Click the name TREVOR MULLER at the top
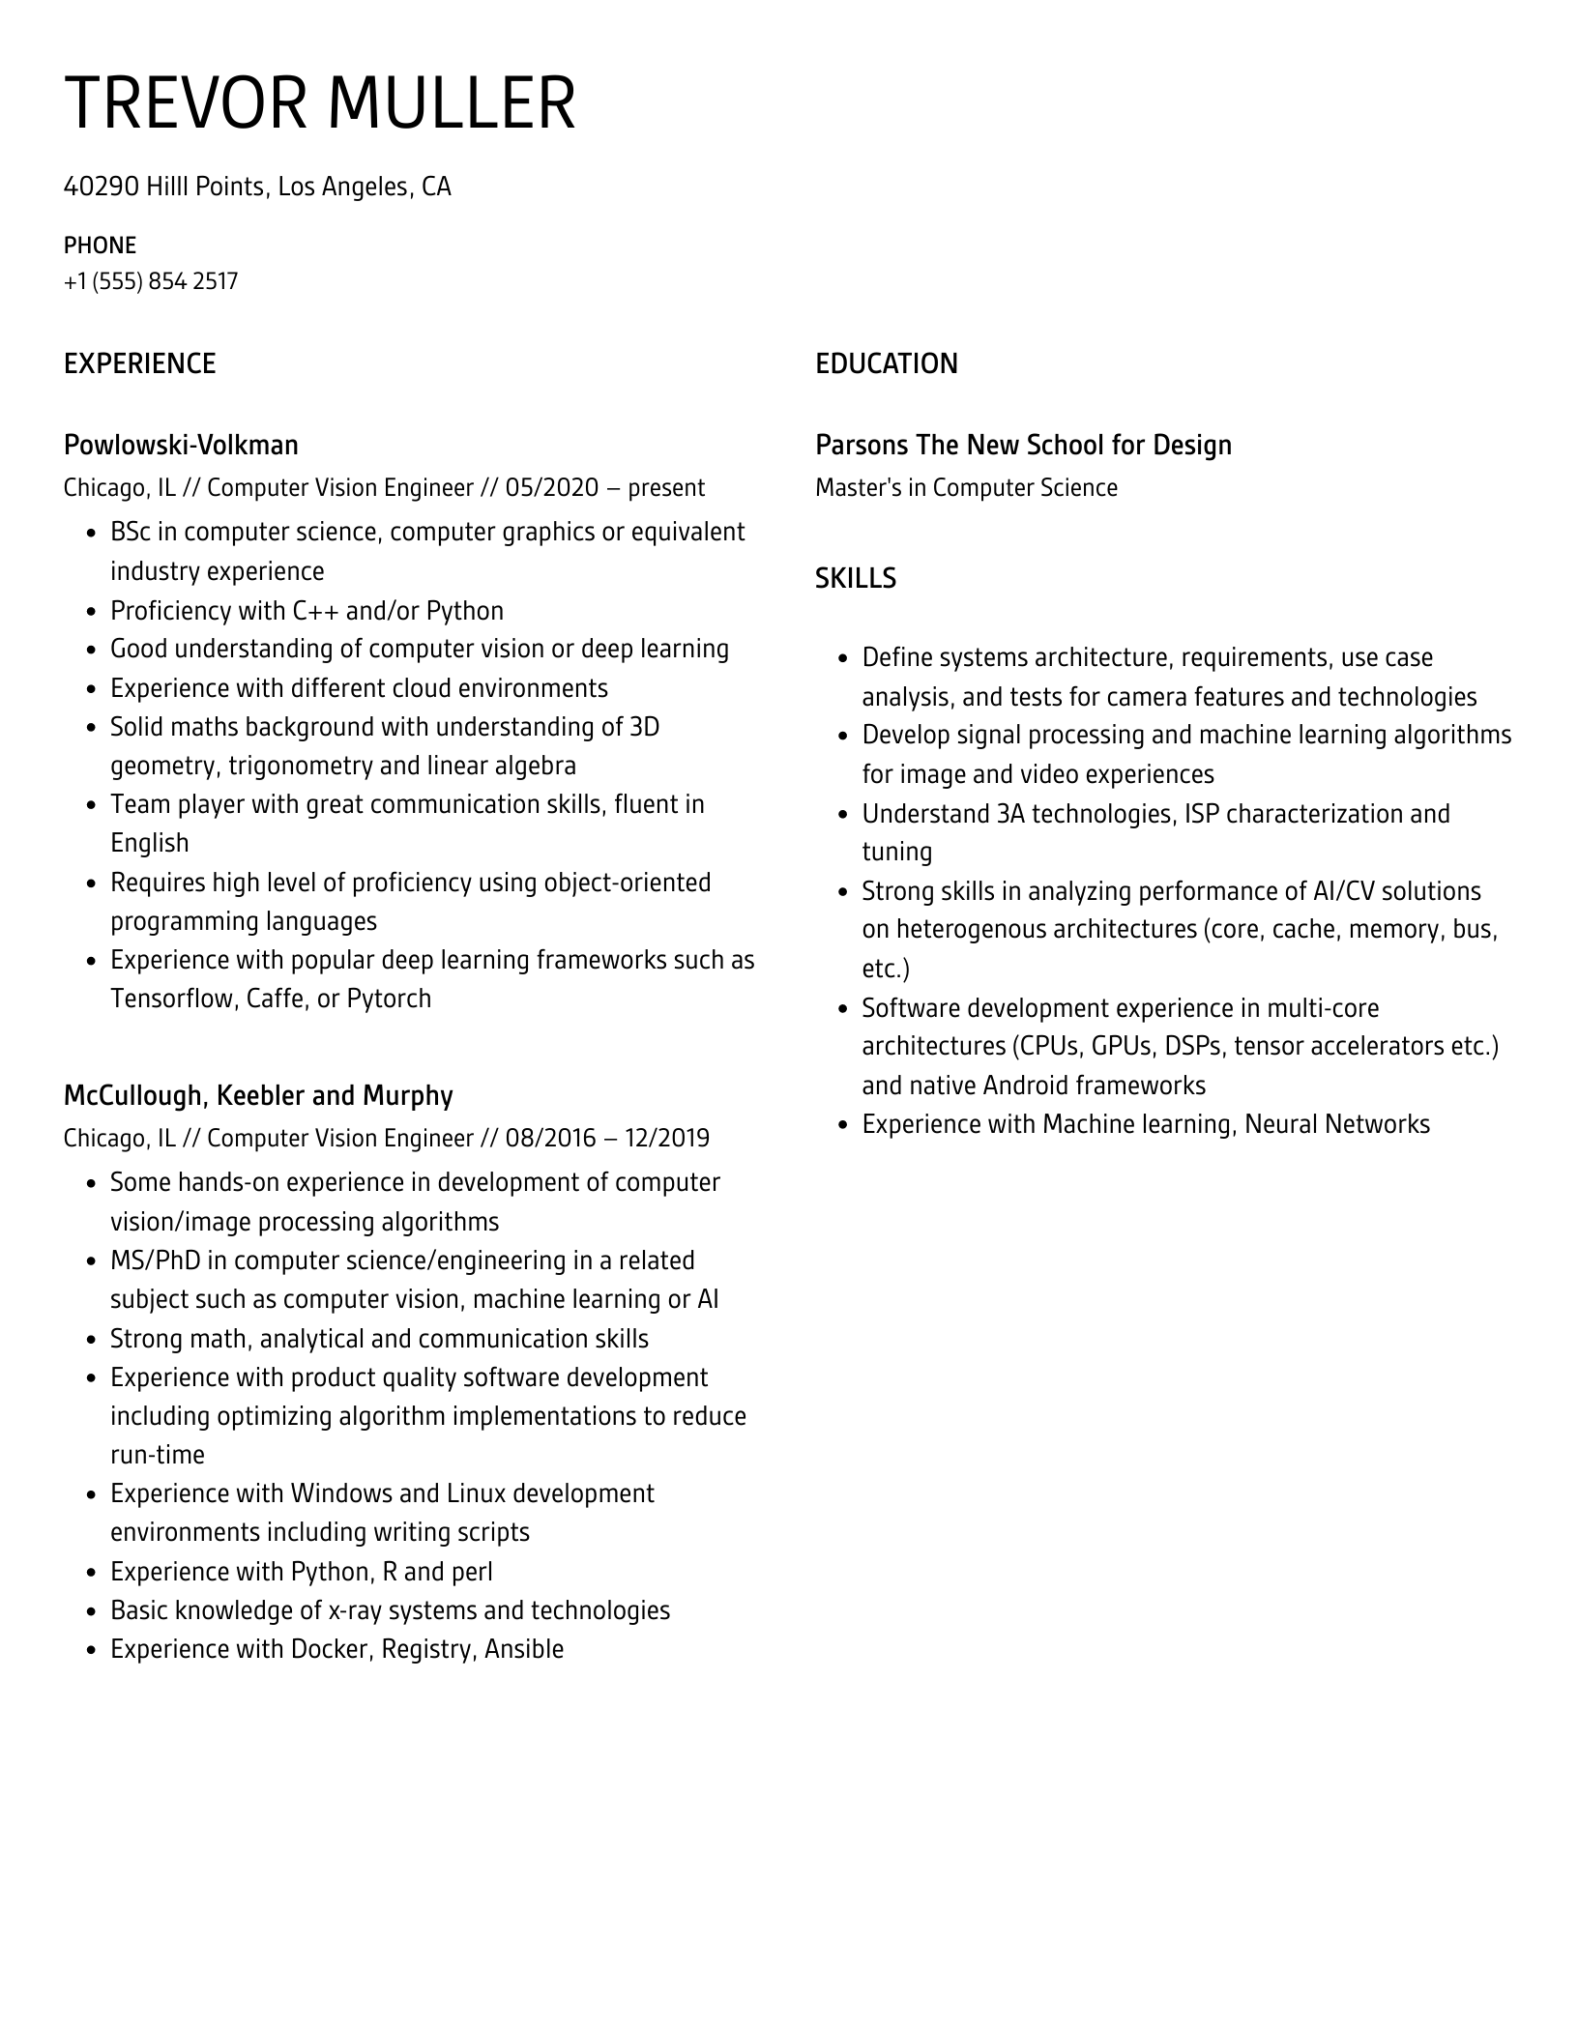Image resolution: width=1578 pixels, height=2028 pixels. pyautogui.click(x=319, y=102)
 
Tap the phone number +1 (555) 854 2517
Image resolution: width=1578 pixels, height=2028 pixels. pyautogui.click(x=151, y=281)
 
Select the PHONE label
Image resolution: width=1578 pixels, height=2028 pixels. pyautogui.click(x=100, y=246)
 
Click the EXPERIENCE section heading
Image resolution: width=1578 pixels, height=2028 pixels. pyautogui.click(x=139, y=364)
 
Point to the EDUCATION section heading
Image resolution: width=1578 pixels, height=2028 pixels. pyautogui.click(x=886, y=364)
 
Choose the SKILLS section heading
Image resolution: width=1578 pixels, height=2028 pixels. pyautogui.click(x=855, y=579)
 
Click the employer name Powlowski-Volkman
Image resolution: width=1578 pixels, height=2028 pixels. pyautogui.click(x=181, y=446)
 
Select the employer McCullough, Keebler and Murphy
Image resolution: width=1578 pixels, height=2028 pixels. pyautogui.click(x=258, y=1096)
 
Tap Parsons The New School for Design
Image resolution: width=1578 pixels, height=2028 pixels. pyautogui.click(x=1023, y=446)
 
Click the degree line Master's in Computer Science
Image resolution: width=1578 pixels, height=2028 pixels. pyautogui.click(x=966, y=488)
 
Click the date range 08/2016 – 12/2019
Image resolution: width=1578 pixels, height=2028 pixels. pyautogui.click(x=606, y=1139)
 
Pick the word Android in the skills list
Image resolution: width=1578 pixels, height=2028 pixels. pyautogui.click(x=1024, y=1086)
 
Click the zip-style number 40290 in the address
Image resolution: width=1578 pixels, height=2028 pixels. pyautogui.click(x=102, y=187)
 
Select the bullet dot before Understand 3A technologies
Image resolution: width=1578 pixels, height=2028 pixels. pyautogui.click(x=841, y=815)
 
